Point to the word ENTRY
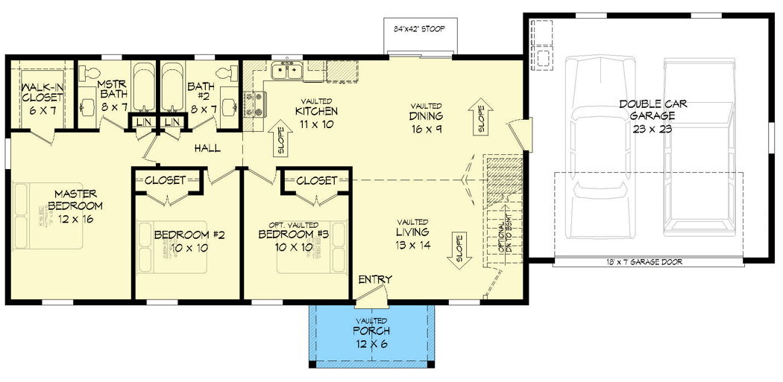coord(375,279)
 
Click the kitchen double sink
coord(287,71)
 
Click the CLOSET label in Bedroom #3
coord(316,181)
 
